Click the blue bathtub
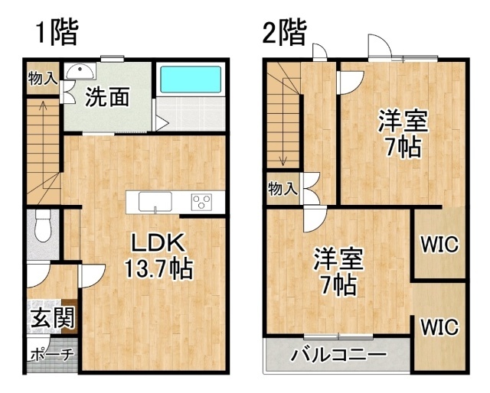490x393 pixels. (x=191, y=80)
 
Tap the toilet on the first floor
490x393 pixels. (x=43, y=226)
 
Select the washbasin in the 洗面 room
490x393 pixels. (x=80, y=72)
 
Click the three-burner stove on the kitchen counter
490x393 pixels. (x=201, y=202)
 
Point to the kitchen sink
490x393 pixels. (x=155, y=202)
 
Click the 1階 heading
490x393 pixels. (x=57, y=32)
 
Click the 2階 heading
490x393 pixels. (x=284, y=32)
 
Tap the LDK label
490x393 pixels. (x=158, y=243)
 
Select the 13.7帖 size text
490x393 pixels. (x=158, y=268)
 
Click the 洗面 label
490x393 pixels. (x=107, y=97)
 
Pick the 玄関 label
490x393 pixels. (x=53, y=317)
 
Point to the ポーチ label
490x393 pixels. (x=53, y=354)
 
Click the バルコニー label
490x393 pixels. (x=338, y=355)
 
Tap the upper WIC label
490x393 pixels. (x=439, y=244)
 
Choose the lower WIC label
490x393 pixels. (x=439, y=326)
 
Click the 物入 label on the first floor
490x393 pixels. (x=43, y=78)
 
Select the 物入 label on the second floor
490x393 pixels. (x=283, y=189)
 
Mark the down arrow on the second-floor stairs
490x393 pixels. (x=283, y=122)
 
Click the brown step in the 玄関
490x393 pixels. (x=70, y=317)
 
